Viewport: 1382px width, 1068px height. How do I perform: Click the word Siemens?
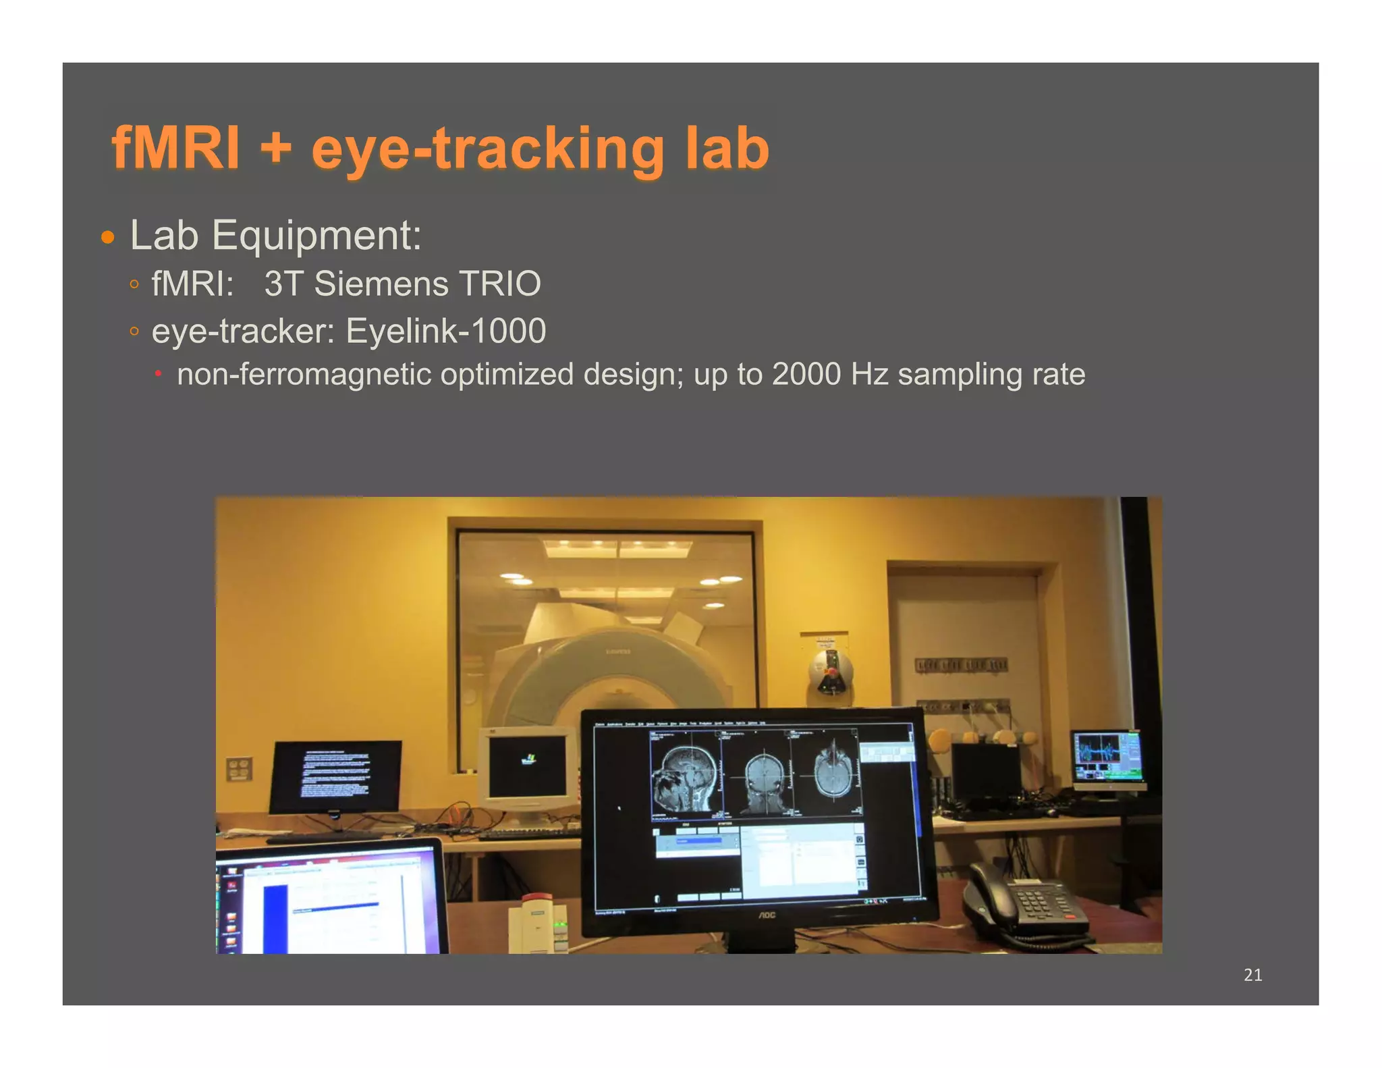(x=381, y=284)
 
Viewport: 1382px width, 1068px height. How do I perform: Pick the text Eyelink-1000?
(x=445, y=331)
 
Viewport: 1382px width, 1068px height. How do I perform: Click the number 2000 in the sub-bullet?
(x=806, y=374)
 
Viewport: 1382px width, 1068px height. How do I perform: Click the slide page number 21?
(x=1252, y=975)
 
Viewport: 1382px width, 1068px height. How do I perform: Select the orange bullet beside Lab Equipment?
(x=107, y=238)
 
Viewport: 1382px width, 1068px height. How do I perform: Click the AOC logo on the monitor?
(x=767, y=915)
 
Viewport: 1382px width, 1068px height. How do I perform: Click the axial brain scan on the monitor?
(x=835, y=770)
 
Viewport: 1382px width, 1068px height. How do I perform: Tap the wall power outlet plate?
(x=238, y=768)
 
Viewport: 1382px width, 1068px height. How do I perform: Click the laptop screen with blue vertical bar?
(x=331, y=901)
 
